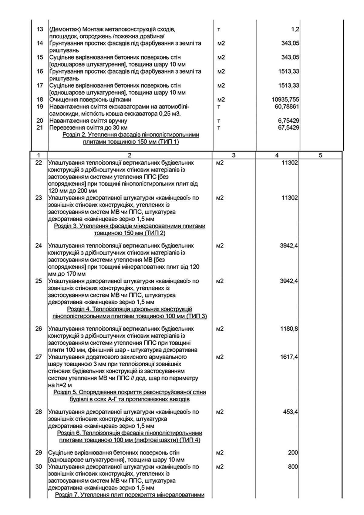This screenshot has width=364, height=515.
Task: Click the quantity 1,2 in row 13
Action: tap(295, 29)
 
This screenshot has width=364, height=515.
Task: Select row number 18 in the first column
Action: tap(40, 100)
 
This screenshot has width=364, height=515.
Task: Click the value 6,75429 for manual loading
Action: tap(288, 121)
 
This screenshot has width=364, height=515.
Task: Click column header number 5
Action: tap(321, 155)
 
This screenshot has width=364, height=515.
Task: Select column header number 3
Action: tap(234, 155)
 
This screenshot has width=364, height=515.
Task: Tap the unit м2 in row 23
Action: tap(220, 198)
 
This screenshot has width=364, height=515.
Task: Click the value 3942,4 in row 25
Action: tap(289, 281)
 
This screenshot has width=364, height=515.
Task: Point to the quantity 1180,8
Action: tap(289, 329)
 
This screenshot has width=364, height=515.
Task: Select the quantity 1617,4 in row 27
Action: tap(289, 357)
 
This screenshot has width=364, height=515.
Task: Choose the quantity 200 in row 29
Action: tap(293, 453)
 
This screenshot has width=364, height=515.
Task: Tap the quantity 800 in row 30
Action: tap(293, 467)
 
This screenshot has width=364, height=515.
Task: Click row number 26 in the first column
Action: tap(39, 329)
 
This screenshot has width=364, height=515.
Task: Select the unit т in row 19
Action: tap(219, 107)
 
